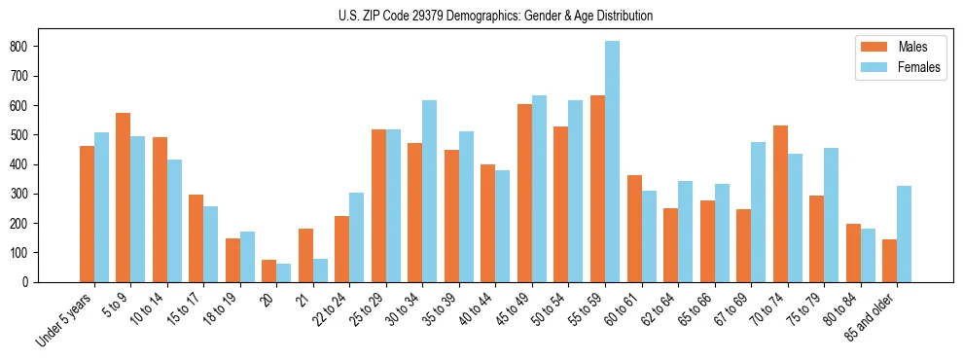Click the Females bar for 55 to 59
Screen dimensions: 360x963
[x=612, y=162]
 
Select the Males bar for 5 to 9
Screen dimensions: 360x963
[x=123, y=198]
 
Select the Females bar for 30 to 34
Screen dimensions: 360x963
[x=429, y=191]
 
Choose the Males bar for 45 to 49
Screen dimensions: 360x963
[x=524, y=193]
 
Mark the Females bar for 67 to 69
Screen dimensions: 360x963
[x=758, y=212]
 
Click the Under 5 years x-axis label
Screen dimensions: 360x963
[x=65, y=317]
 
